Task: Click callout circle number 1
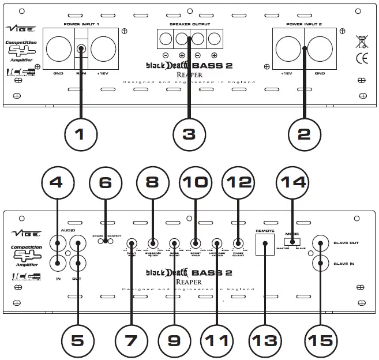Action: click(80, 134)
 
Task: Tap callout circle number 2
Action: click(304, 134)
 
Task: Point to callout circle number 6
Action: click(104, 182)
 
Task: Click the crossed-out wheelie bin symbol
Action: click(362, 41)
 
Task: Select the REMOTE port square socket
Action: click(266, 248)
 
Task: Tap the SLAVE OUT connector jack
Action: click(320, 243)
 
